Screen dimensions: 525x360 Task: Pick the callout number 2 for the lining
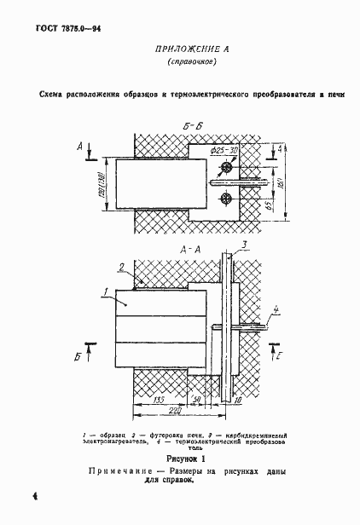[x=124, y=267]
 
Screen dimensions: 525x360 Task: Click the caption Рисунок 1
[x=179, y=458]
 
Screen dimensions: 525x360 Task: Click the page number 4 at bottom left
[x=10, y=495]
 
